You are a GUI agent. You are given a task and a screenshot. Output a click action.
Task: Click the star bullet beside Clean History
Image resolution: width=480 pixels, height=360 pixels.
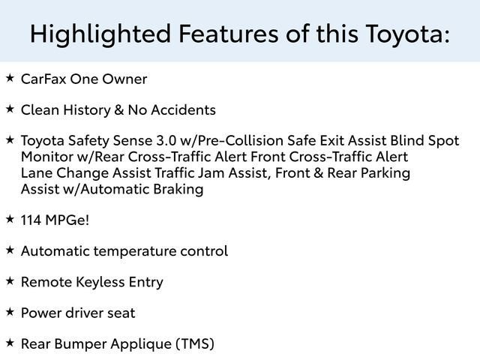tap(10, 109)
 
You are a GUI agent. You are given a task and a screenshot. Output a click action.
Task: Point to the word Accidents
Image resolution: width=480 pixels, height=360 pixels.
tap(184, 110)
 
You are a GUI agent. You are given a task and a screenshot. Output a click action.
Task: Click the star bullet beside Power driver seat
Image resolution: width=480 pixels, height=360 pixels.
tap(10, 311)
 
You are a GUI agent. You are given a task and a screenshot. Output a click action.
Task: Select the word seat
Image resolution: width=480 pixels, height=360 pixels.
tap(121, 313)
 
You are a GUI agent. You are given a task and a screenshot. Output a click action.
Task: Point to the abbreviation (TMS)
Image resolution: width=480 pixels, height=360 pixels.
tap(194, 344)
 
